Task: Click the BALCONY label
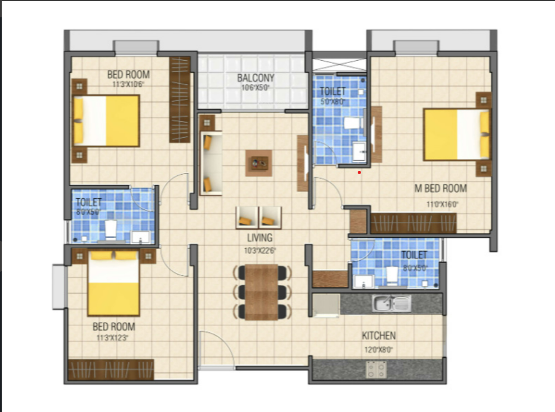point(255,78)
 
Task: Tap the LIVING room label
point(259,238)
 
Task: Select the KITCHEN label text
point(378,336)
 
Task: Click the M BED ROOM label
point(440,188)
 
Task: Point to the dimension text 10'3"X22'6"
point(259,251)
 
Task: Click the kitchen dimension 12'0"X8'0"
point(378,350)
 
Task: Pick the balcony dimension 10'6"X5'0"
point(255,88)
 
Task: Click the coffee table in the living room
point(259,162)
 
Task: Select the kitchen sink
point(392,303)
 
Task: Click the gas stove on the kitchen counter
point(376,369)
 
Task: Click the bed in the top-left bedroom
point(106,121)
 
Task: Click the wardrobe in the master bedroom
point(413,223)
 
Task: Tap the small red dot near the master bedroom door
point(359,173)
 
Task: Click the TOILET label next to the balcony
point(333,92)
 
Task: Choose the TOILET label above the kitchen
point(414,255)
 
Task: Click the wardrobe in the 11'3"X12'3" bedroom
point(111,370)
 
